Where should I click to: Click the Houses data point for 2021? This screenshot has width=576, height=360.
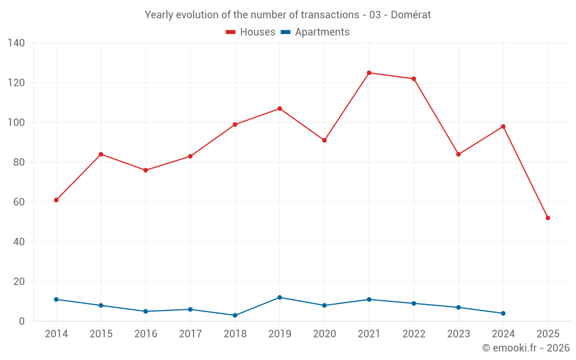coord(369,73)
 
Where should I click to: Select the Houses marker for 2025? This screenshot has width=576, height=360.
coord(548,218)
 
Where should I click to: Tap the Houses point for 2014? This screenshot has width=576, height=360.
coord(56,200)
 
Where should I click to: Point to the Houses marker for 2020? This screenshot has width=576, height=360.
coord(324,141)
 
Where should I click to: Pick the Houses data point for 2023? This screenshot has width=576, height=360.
coord(458,154)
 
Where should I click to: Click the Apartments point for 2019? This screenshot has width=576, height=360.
coord(280,297)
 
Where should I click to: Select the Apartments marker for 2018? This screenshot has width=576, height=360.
coord(235,315)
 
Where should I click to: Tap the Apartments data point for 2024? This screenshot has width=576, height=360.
coord(503,313)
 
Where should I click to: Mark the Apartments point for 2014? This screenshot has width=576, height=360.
coord(56,300)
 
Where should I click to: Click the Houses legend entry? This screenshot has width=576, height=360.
coord(251,32)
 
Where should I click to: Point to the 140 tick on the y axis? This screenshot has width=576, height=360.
coord(16,43)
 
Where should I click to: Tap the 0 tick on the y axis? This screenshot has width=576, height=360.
coord(22,321)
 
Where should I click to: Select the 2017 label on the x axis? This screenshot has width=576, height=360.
coord(190,334)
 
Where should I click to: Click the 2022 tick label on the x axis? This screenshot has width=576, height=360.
coord(414,334)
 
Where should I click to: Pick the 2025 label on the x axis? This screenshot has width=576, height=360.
coord(548,334)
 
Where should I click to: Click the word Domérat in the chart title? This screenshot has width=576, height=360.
coord(411,15)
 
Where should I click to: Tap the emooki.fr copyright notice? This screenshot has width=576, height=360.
coord(526,348)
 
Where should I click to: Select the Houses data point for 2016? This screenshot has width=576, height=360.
coord(145,170)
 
